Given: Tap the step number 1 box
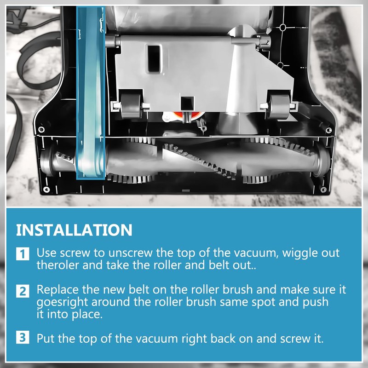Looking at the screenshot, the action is (x=23, y=253).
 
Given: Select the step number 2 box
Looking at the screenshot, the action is (x=23, y=291).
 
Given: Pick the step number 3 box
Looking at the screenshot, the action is (x=23, y=337).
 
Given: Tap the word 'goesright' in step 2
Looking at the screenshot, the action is (x=62, y=302).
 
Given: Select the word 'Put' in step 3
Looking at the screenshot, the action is (x=46, y=339).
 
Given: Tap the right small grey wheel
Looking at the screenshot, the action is (x=279, y=106).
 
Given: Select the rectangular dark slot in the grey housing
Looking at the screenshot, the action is (x=154, y=59).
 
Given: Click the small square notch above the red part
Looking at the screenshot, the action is (x=188, y=103).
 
